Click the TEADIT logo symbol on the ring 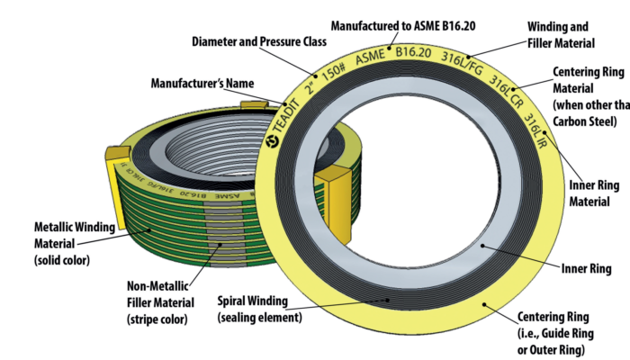pos(272,141)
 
